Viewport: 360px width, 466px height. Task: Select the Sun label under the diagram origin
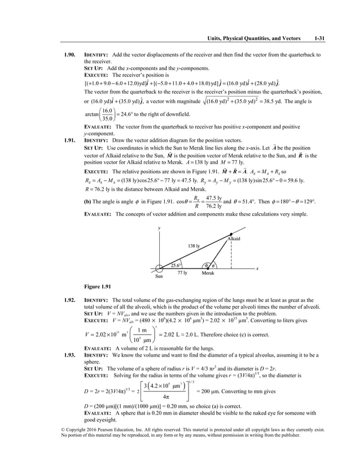(160, 276)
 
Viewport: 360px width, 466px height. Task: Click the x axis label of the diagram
(257, 269)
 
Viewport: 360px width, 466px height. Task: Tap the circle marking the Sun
(160, 268)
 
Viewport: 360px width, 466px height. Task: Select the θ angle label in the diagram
(213, 266)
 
